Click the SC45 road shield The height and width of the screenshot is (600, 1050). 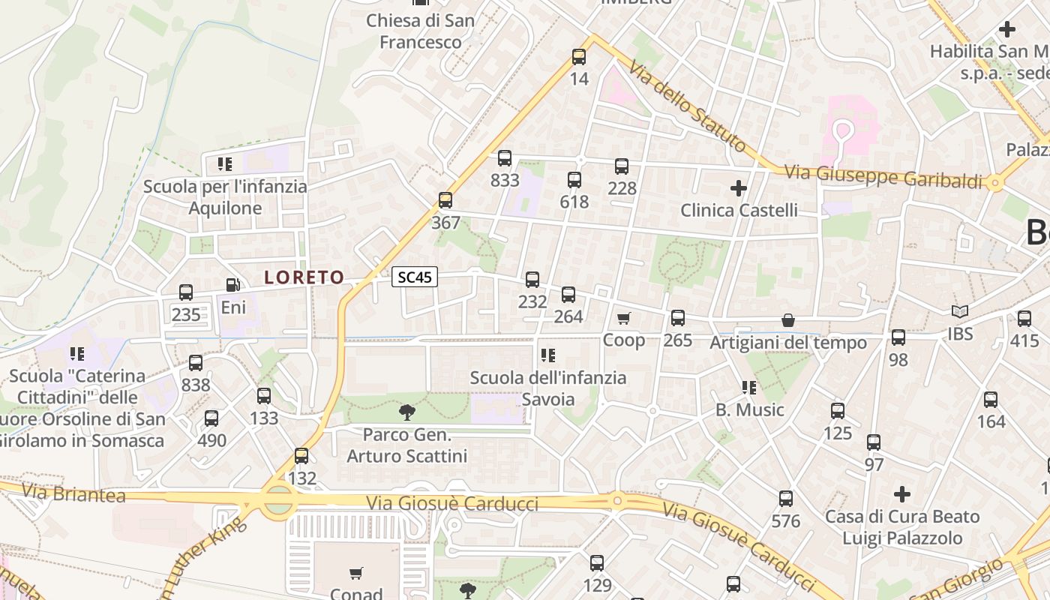pyautogui.click(x=415, y=277)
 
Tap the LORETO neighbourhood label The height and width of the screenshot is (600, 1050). pyautogui.click(x=304, y=277)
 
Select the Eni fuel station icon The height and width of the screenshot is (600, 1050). pyautogui.click(x=233, y=285)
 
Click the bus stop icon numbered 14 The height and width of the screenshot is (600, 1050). pyautogui.click(x=579, y=56)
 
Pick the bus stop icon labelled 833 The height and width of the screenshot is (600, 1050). pyautogui.click(x=505, y=158)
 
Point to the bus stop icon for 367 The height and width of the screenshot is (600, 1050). pyautogui.click(x=445, y=200)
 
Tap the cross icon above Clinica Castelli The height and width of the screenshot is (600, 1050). pyautogui.click(x=739, y=187)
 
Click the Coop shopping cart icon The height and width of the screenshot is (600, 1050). pyautogui.click(x=624, y=319)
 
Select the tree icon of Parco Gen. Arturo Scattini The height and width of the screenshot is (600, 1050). pyautogui.click(x=407, y=412)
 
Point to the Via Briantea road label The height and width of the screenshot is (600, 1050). pyautogui.click(x=73, y=493)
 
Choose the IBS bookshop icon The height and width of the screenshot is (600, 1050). pyautogui.click(x=960, y=311)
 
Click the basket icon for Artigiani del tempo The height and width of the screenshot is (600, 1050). pyautogui.click(x=788, y=320)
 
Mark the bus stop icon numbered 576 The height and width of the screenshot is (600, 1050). pyautogui.click(x=786, y=499)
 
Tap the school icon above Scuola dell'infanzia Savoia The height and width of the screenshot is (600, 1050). pyautogui.click(x=548, y=355)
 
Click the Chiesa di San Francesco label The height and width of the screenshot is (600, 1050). pyautogui.click(x=420, y=31)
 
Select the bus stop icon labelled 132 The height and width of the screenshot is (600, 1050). pyautogui.click(x=301, y=456)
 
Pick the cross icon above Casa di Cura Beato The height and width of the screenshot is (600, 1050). pyautogui.click(x=902, y=494)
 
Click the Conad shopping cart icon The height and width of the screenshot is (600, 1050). pyautogui.click(x=357, y=574)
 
